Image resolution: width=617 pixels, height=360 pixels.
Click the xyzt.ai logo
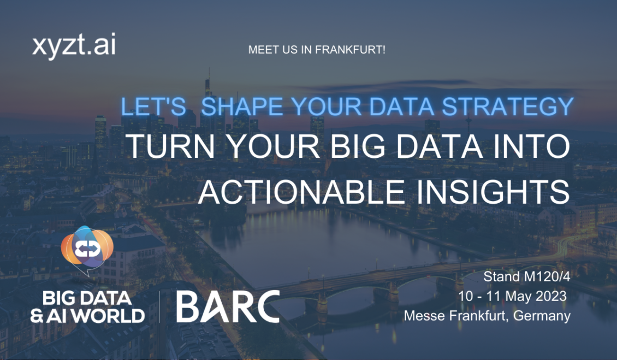(74, 46)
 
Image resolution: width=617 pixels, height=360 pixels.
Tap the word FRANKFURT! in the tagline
(350, 50)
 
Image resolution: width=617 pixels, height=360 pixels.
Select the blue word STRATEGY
(508, 107)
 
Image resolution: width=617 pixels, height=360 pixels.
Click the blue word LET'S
(153, 107)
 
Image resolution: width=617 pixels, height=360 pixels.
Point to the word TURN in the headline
(171, 146)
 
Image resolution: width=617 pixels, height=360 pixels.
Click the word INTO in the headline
(531, 146)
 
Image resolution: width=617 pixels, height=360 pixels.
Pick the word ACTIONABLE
(301, 192)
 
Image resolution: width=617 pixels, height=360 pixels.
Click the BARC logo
(228, 307)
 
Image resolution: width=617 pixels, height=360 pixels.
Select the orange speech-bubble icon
(87, 250)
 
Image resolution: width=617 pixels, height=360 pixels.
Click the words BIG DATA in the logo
(87, 298)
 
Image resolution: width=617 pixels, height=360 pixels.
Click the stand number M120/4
(547, 276)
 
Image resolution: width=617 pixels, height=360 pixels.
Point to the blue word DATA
(401, 107)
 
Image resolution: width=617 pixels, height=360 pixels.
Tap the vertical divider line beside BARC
(159, 307)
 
